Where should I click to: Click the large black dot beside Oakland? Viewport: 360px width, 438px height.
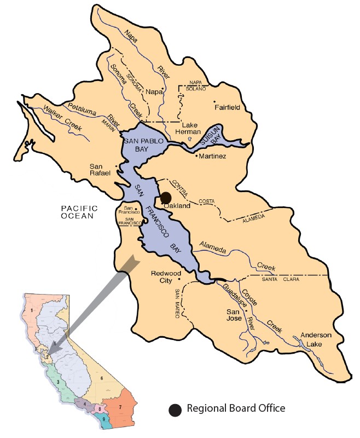(x=166, y=197)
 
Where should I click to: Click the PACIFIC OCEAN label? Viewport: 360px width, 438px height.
(x=79, y=212)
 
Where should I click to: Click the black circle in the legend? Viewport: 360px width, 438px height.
(x=175, y=409)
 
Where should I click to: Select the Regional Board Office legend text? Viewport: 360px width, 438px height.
(x=236, y=408)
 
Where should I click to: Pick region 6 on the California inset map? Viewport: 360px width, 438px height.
(x=102, y=378)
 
